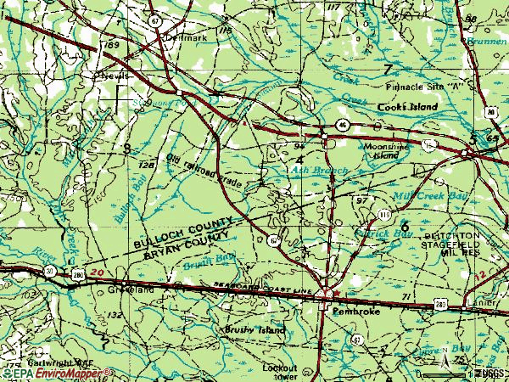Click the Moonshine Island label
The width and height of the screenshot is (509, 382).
(x=387, y=151)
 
